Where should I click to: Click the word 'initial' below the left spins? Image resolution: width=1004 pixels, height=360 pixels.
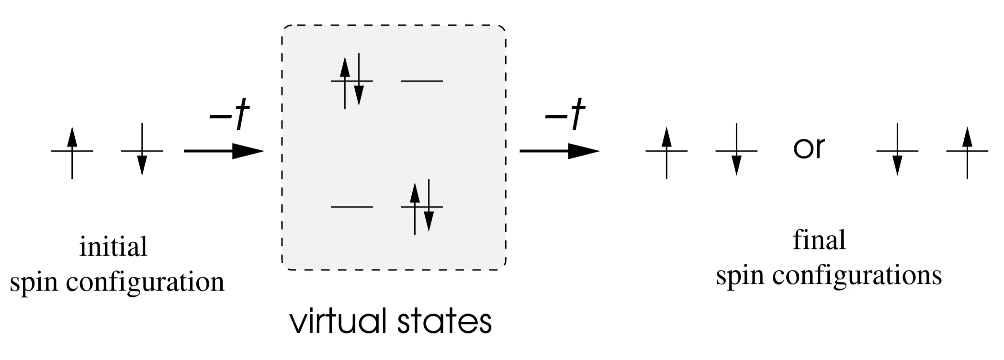coord(113,247)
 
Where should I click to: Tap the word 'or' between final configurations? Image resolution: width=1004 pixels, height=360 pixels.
coord(809,148)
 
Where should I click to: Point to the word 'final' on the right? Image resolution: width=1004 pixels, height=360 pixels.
coord(819,240)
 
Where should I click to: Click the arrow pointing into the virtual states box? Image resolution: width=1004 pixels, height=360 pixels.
coord(224,151)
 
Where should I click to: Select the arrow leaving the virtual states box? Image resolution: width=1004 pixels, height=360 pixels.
coord(559,151)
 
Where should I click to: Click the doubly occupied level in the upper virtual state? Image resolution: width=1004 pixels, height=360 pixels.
coord(352,81)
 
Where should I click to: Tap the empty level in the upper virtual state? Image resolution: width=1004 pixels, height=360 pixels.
coord(422,81)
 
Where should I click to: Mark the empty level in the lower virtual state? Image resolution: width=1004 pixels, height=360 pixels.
coord(352,207)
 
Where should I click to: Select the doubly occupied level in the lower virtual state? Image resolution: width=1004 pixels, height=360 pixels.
coord(422,207)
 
